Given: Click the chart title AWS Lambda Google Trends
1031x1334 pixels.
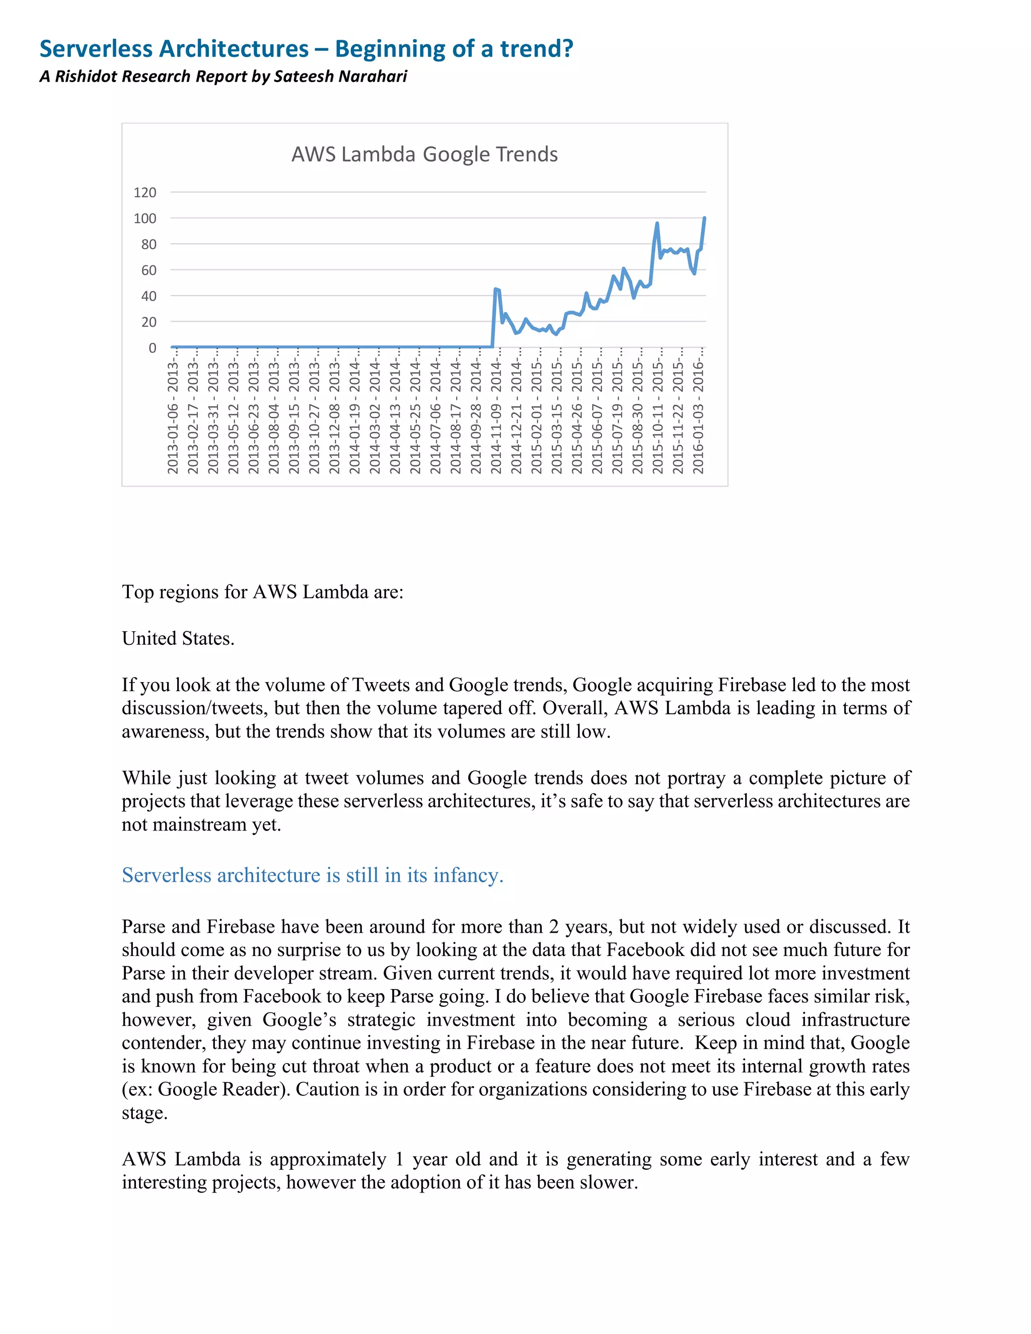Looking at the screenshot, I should (424, 154).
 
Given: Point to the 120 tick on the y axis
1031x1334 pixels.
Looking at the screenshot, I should (145, 192).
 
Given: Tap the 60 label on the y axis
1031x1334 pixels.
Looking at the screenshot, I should (149, 270).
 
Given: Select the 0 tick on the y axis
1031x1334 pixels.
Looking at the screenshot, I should (152, 347).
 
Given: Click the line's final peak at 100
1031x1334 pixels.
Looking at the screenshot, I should (704, 218).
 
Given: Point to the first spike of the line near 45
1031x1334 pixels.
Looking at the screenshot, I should (495, 289).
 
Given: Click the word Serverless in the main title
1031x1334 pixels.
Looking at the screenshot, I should (98, 49).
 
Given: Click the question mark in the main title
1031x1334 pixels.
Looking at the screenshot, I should (568, 49).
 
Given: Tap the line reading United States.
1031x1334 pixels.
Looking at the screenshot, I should (178, 638).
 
